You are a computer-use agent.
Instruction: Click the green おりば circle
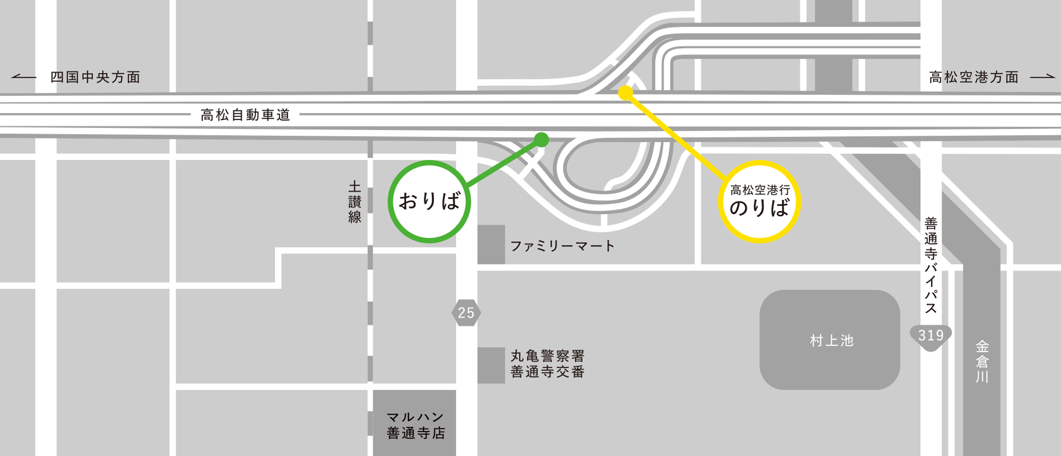pos(429,201)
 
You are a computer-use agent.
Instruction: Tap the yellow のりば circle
pos(759,201)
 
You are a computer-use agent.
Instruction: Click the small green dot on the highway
pos(541,139)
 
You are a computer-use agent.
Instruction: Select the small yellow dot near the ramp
pos(626,93)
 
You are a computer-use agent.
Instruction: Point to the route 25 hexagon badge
pos(466,312)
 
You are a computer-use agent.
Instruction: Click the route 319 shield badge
pos(930,336)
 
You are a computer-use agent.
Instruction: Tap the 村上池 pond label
pos(831,340)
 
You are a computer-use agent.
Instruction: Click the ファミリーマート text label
pos(562,246)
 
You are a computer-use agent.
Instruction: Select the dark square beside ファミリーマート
pos(491,244)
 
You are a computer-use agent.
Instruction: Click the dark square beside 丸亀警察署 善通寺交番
pos(491,365)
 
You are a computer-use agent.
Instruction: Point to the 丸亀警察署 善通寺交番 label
pos(547,364)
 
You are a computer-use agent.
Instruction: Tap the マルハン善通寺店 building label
pos(415,425)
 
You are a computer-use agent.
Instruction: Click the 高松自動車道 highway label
pos(245,115)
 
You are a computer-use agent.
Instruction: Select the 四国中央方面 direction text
pos(95,77)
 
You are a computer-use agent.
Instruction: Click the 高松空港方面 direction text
pos(974,77)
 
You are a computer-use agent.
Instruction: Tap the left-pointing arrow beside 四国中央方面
pos(24,77)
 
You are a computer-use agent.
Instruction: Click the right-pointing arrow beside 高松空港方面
pos(1043,77)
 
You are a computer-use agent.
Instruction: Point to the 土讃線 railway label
pos(355,201)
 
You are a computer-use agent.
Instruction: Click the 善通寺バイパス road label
pos(931,265)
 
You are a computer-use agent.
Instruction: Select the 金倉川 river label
pos(982,362)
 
